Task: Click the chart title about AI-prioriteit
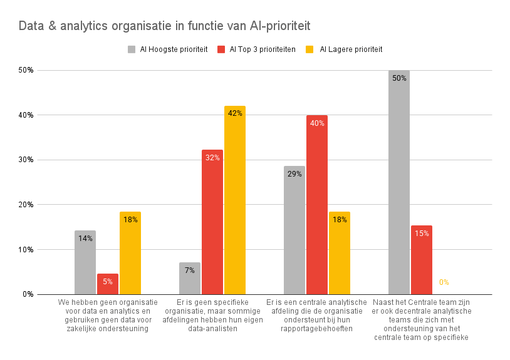click(164, 26)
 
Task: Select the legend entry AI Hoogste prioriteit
click(167, 49)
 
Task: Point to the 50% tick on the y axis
click(26, 70)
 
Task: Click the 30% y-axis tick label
click(26, 160)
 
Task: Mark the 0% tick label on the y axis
click(28, 294)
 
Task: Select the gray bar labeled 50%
click(399, 182)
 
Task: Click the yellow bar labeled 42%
click(235, 200)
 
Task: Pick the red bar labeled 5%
click(108, 284)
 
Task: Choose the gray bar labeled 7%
click(190, 279)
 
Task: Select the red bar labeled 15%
click(422, 260)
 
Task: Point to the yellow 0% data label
click(444, 282)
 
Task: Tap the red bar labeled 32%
click(212, 222)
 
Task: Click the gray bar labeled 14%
click(85, 262)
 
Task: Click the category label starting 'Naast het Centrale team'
click(421, 320)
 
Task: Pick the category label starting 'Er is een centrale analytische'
click(316, 316)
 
